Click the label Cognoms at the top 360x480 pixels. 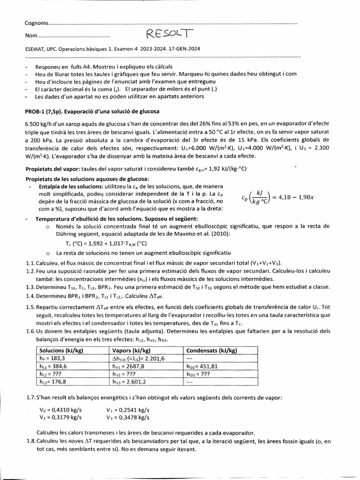click(36, 23)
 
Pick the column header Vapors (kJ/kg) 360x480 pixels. click(131, 350)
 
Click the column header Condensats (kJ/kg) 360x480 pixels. click(212, 350)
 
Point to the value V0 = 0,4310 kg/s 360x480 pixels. click(60, 409)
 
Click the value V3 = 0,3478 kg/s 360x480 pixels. click(128, 417)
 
